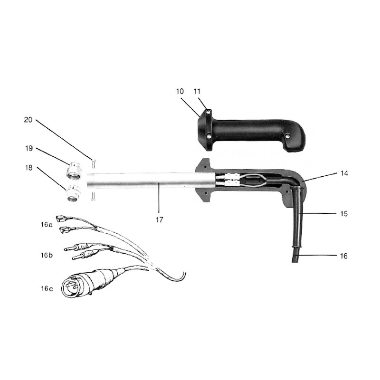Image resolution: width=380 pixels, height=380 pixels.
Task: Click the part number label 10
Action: point(180,91)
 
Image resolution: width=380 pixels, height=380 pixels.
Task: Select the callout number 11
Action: point(197,91)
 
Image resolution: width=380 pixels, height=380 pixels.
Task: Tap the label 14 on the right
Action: point(344,173)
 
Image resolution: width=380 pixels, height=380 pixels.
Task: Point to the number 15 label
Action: point(344,213)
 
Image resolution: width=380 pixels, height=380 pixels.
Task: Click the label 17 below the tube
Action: point(159,220)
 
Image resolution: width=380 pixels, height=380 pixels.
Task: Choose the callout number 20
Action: point(28,120)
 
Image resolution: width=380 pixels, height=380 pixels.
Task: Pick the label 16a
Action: point(47,225)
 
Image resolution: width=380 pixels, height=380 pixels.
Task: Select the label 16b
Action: point(47,255)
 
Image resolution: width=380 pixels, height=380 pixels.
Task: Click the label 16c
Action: point(47,288)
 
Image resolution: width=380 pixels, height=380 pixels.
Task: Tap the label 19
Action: point(29,148)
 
